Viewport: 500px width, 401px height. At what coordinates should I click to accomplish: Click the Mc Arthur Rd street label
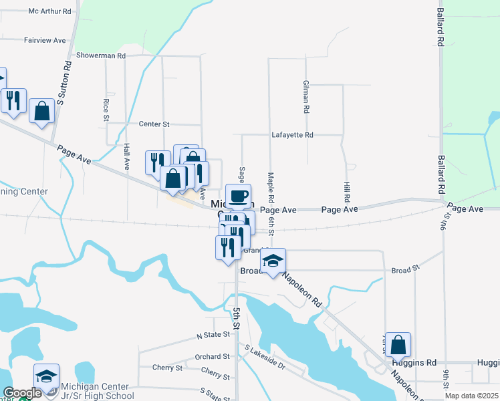(x=49, y=11)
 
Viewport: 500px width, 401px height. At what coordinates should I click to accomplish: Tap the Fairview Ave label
(x=45, y=40)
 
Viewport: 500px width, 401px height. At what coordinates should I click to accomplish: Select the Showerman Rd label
(x=101, y=55)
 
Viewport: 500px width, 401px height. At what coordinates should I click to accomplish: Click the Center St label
(x=154, y=124)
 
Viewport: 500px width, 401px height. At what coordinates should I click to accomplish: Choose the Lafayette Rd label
(x=292, y=134)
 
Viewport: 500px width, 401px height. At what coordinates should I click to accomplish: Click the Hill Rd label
(x=347, y=191)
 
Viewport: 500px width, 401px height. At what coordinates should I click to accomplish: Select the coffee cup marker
(x=238, y=196)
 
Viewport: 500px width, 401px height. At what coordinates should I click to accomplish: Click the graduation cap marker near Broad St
(x=273, y=260)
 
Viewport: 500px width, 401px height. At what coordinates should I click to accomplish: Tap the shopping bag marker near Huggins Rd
(x=398, y=345)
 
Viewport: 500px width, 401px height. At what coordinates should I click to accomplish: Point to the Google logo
(x=21, y=394)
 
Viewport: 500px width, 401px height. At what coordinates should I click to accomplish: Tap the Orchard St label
(x=212, y=357)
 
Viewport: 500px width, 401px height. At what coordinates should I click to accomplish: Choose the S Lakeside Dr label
(x=265, y=358)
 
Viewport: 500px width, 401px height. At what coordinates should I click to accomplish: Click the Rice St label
(x=106, y=110)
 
